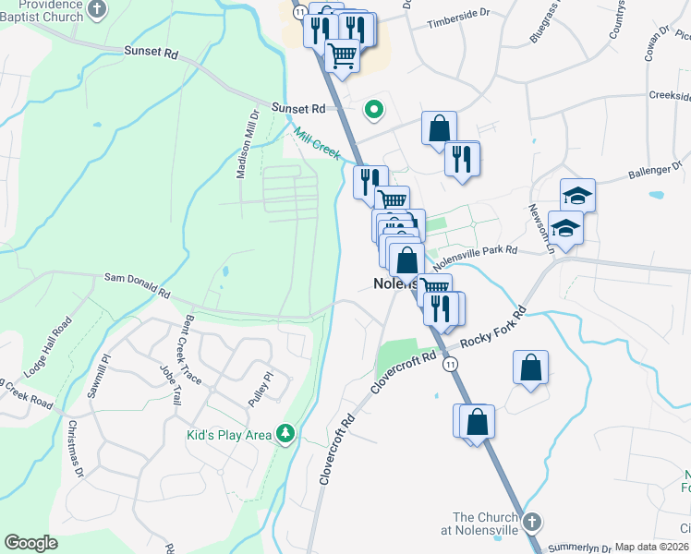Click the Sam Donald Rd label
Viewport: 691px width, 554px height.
(137, 284)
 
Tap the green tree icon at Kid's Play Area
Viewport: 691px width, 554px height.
(285, 433)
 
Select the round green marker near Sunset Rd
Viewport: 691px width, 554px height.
(374, 110)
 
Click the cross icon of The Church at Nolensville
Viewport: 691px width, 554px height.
(530, 523)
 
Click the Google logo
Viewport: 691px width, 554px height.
(31, 543)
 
